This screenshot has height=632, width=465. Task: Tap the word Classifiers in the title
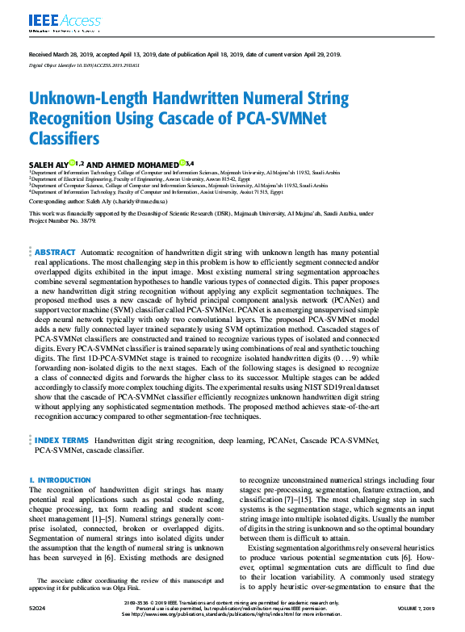click(x=67, y=139)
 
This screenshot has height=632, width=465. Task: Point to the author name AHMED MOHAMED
click(x=142, y=164)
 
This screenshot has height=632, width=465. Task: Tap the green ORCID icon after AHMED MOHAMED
click(x=182, y=163)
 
